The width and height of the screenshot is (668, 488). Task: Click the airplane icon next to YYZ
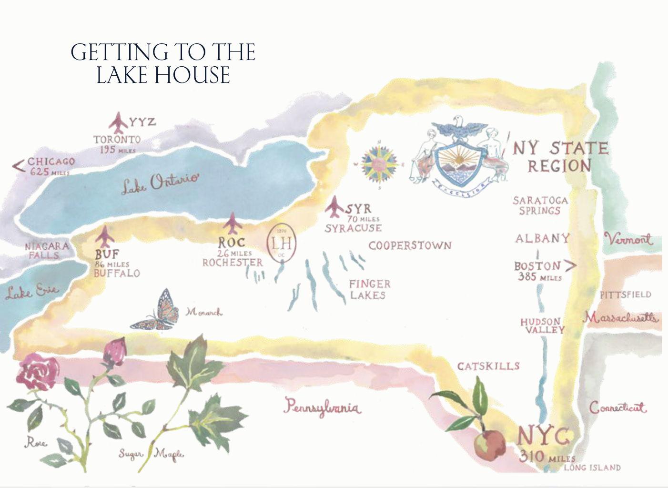[118, 122]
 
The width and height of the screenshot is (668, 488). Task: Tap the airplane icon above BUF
[103, 237]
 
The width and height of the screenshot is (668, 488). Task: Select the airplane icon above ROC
[233, 224]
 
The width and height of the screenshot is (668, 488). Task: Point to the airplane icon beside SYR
[335, 206]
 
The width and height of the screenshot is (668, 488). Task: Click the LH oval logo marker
[282, 243]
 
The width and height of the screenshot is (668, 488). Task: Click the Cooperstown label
[410, 246]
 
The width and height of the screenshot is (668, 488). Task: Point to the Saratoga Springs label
[540, 205]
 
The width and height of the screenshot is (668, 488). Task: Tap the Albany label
[542, 238]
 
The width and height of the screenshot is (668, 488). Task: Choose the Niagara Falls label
[46, 251]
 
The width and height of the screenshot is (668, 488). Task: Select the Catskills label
[488, 366]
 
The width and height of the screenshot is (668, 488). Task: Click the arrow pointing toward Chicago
[18, 166]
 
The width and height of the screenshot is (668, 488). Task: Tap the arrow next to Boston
[570, 265]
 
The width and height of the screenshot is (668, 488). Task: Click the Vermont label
[628, 239]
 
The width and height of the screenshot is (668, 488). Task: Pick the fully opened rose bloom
[38, 372]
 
